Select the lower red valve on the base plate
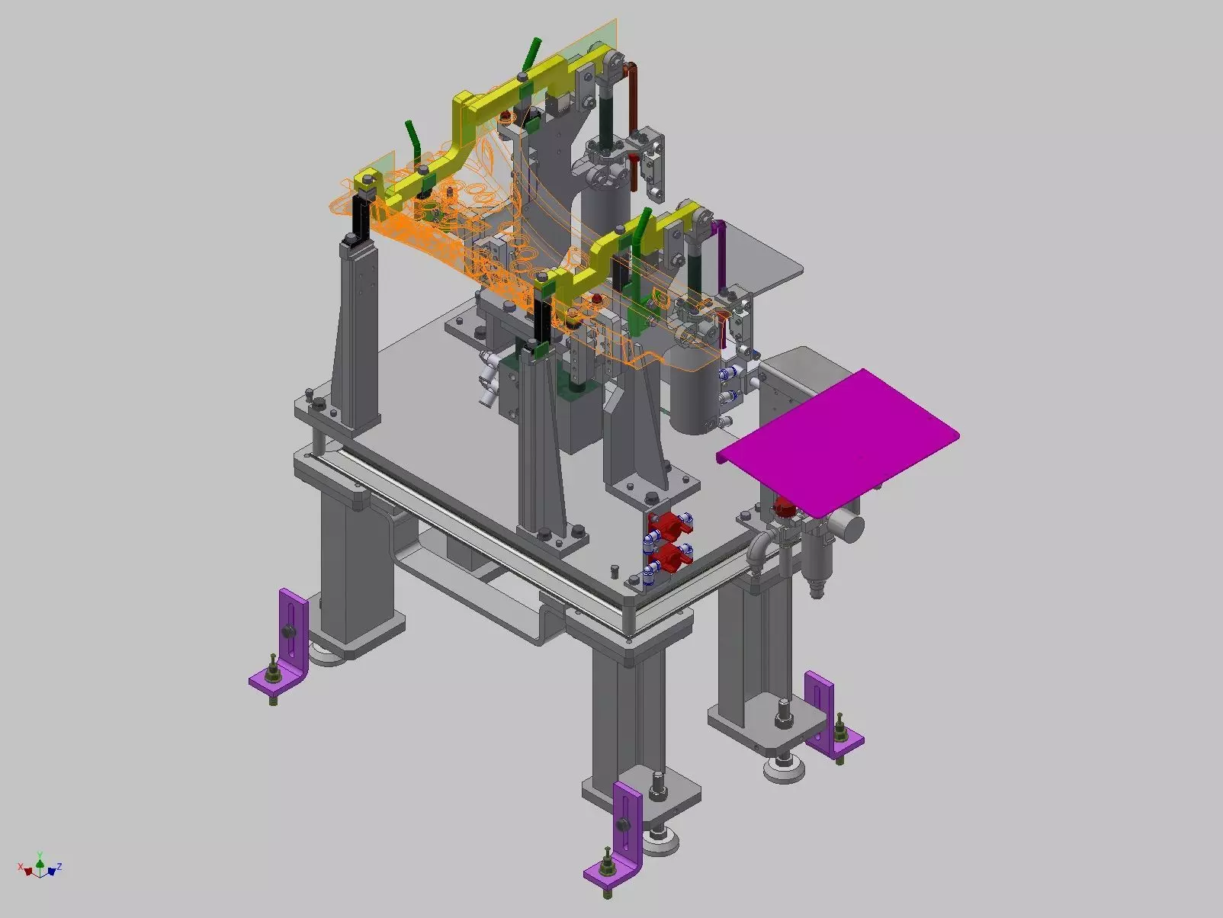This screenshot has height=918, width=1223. tap(671, 559)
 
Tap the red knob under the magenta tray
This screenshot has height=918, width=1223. tap(784, 506)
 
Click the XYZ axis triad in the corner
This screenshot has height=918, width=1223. tap(40, 867)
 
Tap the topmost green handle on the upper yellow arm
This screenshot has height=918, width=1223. tap(533, 53)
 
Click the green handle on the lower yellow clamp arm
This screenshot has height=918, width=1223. tap(643, 225)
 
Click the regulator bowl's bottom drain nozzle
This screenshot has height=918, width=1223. tap(815, 588)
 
